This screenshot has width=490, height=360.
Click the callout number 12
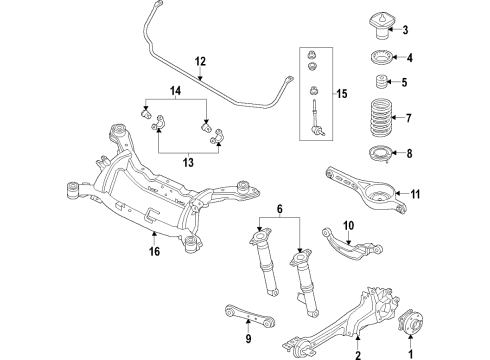pyautogui.click(x=199, y=60)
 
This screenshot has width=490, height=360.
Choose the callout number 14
pyautogui.click(x=177, y=91)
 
